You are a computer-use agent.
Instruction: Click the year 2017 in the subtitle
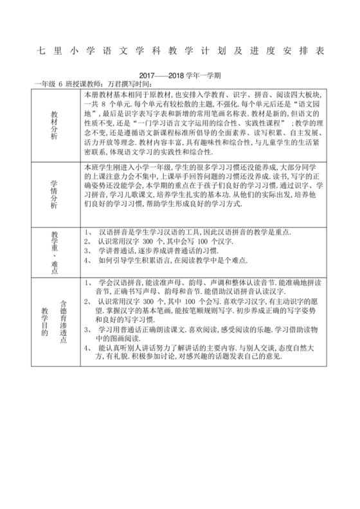click(148, 75)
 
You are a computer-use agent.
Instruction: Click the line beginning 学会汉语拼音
click(186, 282)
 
